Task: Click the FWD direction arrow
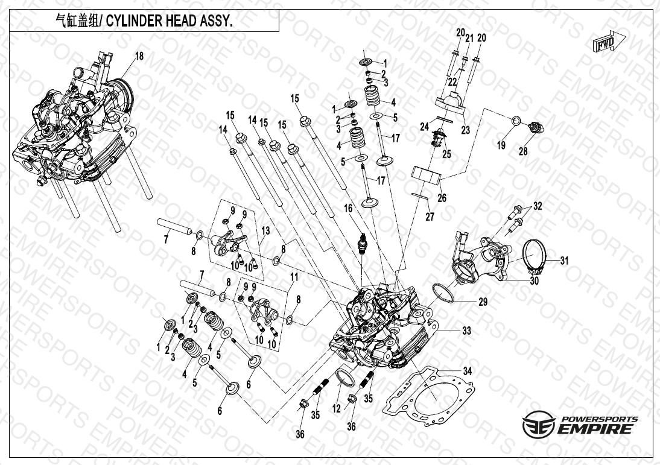point(608,44)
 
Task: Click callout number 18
point(139,56)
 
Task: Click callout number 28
point(522,151)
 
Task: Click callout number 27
point(429,217)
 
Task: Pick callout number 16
point(348,208)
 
